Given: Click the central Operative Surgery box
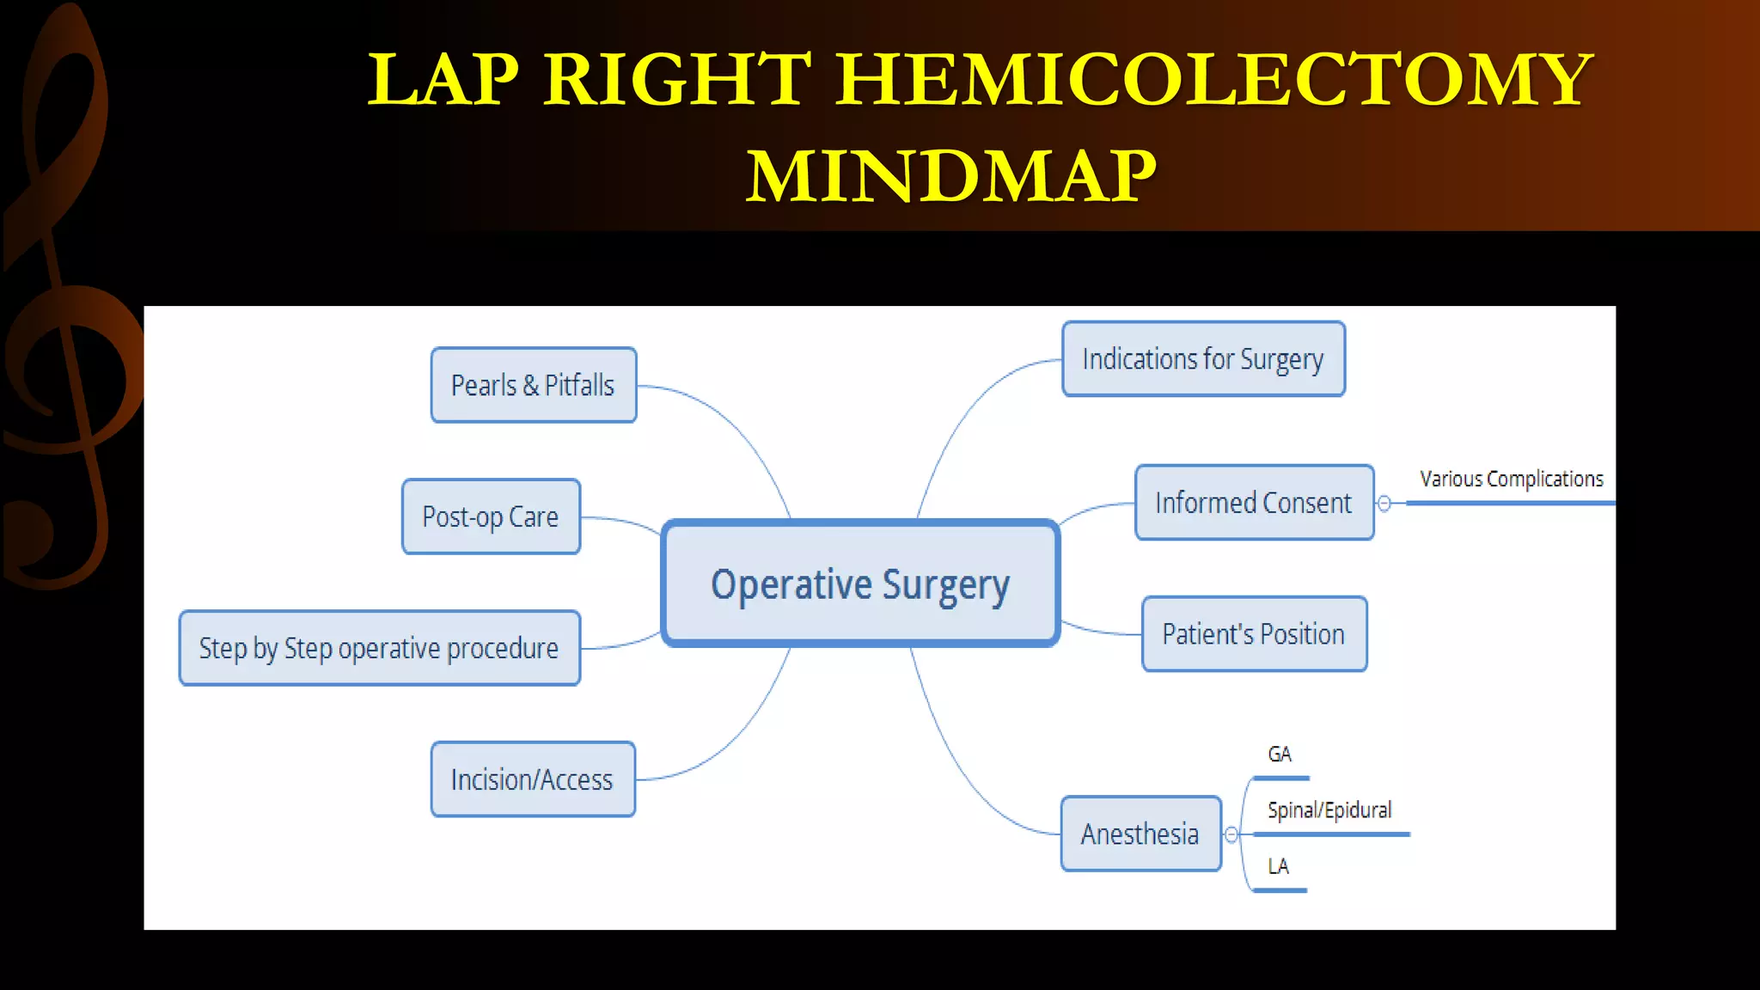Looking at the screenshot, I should tap(860, 584).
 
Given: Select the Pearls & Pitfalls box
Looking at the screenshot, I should tap(533, 385).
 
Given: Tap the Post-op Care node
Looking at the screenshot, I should tap(491, 516).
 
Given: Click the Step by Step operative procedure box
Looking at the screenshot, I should tap(379, 648).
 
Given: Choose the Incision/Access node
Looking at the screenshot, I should tap(533, 779).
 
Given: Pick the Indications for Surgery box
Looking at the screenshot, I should tap(1203, 359).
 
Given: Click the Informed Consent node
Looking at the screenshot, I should tap(1254, 503).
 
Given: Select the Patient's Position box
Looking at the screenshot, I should tap(1254, 634).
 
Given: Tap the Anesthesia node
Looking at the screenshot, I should tap(1140, 834).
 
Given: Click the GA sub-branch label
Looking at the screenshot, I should tap(1280, 755).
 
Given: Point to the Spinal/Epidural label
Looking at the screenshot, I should tap(1329, 810).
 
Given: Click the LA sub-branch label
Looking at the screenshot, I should tap(1279, 866).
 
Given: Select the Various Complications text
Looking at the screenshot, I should tap(1511, 480).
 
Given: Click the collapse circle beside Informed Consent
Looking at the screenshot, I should tap(1384, 504).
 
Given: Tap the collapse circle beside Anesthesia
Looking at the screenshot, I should tap(1231, 834).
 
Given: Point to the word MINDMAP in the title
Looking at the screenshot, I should tap(951, 176).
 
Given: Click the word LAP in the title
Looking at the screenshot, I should tap(443, 79).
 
